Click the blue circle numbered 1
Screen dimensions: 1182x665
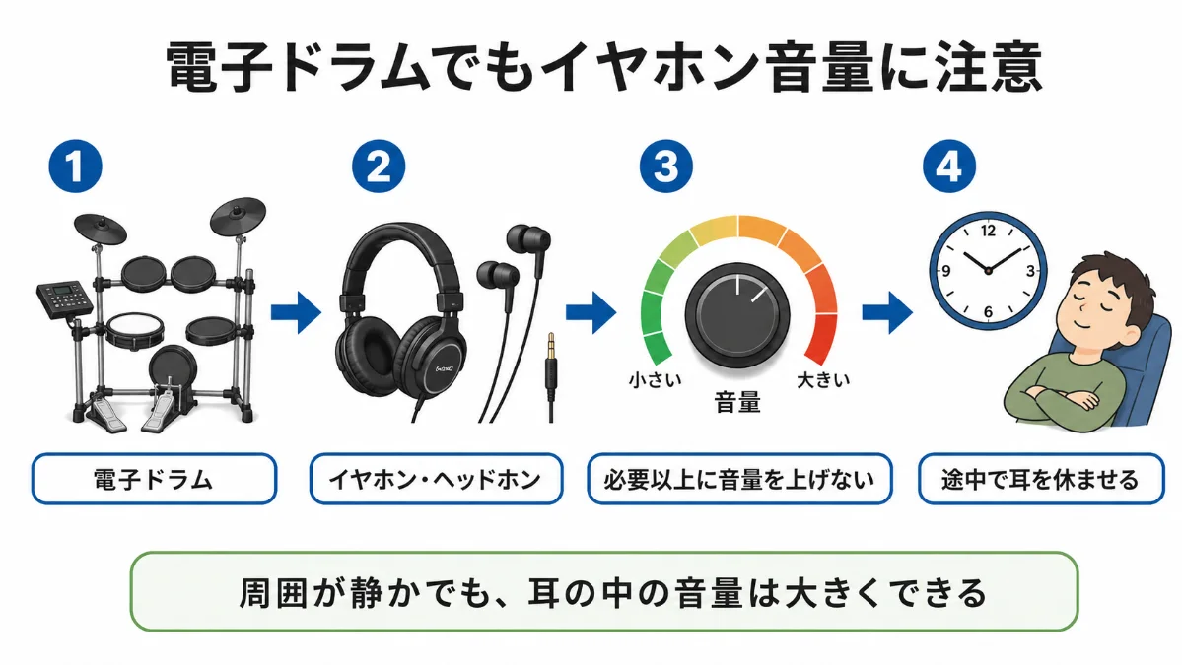[x=75, y=166]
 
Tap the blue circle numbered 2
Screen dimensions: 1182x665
[x=379, y=166]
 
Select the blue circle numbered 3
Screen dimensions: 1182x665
[x=666, y=166]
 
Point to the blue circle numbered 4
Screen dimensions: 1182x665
[x=949, y=166]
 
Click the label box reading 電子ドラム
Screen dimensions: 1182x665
[x=154, y=479]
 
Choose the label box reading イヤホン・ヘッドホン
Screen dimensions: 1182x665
[x=436, y=479]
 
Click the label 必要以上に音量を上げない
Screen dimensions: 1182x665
[x=739, y=479]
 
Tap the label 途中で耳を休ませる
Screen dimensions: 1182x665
[x=1041, y=479]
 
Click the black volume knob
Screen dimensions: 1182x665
[x=737, y=315]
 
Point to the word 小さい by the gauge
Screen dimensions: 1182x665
[x=655, y=379]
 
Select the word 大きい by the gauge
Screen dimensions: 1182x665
[x=823, y=379]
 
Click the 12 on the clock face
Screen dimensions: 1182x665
[x=988, y=232]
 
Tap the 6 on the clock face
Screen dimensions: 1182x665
[x=988, y=311]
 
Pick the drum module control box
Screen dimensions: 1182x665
[x=65, y=299]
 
